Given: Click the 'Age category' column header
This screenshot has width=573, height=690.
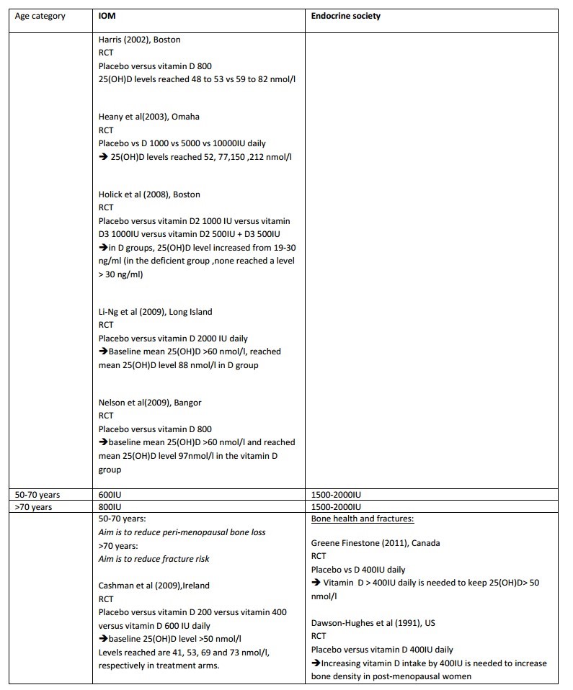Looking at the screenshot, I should pos(40,16).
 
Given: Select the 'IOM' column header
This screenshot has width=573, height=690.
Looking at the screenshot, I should pos(107,16).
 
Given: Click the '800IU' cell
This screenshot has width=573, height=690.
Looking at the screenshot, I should pos(110,507).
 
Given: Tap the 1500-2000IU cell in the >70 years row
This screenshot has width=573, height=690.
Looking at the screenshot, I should pos(336,507).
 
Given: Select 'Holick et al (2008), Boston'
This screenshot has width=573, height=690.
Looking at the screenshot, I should pos(149,194).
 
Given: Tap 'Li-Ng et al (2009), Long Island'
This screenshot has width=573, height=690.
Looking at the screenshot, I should pos(156,311).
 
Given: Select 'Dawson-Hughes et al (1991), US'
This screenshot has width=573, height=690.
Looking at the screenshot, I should pos(376,623).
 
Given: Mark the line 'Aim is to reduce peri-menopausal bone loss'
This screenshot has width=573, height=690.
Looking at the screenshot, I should pos(182,532).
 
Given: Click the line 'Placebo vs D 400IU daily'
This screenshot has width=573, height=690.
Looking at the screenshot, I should pos(358,570).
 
